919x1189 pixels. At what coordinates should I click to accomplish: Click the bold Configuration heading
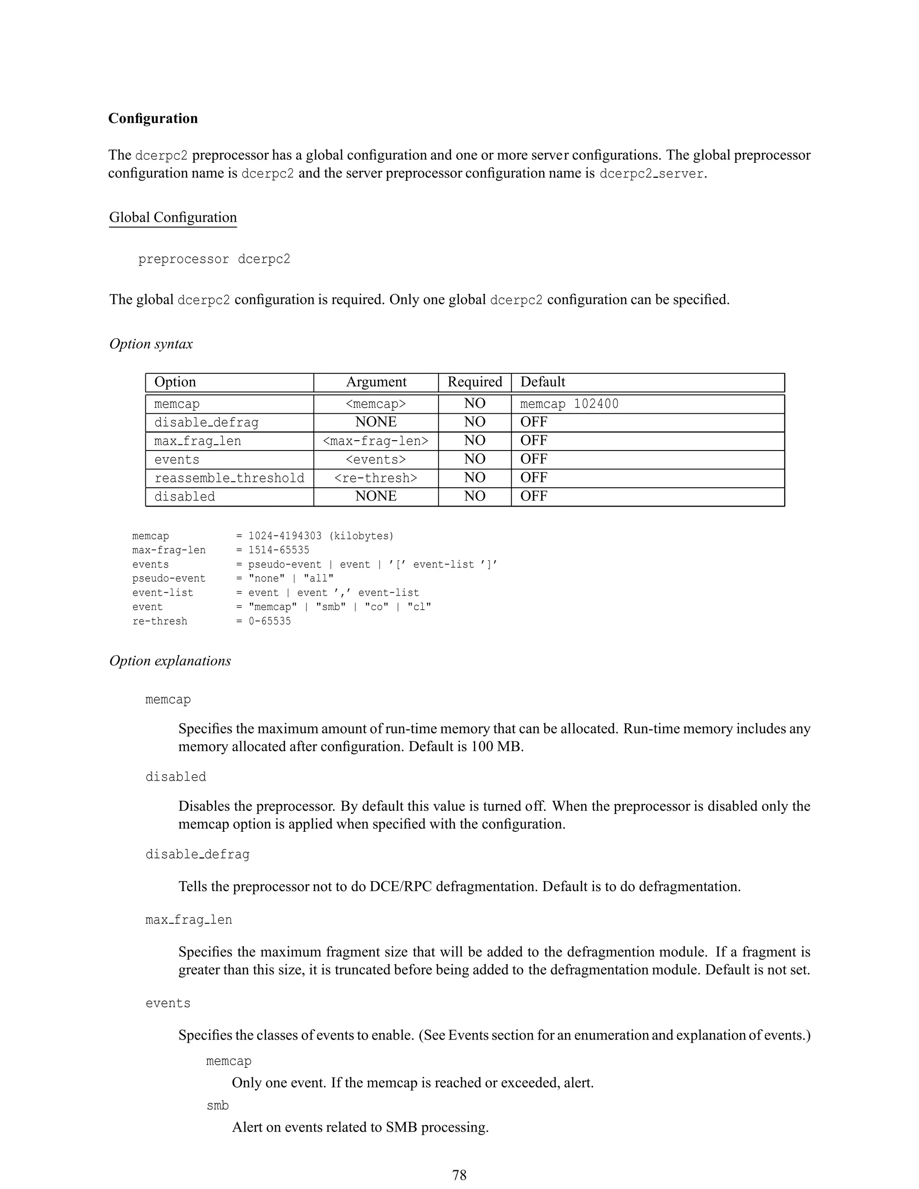click(x=153, y=119)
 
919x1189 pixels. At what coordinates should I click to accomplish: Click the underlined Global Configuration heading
click(x=173, y=217)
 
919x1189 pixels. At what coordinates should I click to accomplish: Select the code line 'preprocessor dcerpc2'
click(x=214, y=259)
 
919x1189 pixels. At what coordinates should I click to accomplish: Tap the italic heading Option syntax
click(x=151, y=344)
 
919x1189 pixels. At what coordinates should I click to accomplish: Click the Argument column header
click(x=376, y=382)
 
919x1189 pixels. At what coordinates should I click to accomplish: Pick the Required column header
click(x=474, y=382)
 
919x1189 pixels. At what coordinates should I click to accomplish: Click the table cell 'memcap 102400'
click(x=569, y=404)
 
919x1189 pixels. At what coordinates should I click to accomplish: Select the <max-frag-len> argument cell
click(x=376, y=441)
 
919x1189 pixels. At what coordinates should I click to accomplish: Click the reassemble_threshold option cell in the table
click(x=229, y=478)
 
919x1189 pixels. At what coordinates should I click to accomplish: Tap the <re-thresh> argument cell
click(x=376, y=478)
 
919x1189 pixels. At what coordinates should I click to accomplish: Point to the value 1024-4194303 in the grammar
click(x=285, y=536)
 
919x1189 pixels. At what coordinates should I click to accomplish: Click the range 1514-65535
click(x=279, y=551)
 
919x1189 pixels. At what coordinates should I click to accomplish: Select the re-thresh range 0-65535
click(x=270, y=621)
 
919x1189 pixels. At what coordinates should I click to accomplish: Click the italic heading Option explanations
click(x=170, y=661)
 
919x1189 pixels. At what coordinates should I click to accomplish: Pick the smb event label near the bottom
click(x=218, y=1106)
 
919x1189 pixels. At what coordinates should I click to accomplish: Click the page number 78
click(x=459, y=1175)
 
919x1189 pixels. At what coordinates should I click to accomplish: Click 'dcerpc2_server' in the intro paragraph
click(x=651, y=174)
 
